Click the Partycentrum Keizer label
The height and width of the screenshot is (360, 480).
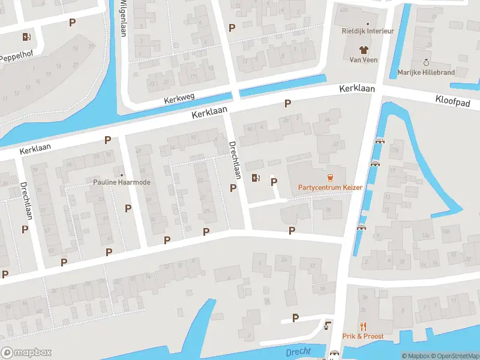coord(330,187)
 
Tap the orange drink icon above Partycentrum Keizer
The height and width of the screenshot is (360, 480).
coord(329,177)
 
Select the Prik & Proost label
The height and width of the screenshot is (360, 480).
coord(362,337)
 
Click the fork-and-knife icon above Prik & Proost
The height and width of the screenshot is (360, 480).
coord(362,326)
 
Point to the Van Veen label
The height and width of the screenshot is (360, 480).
coord(363,59)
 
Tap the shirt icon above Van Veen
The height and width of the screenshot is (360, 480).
coord(363,49)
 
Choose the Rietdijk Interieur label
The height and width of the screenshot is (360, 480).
coord(367,31)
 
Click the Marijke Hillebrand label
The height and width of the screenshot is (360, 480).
coord(426,72)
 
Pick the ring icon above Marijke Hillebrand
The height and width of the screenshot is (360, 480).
coord(426,62)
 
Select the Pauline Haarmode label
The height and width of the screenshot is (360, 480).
coord(122,182)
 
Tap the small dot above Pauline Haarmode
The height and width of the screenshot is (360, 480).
coord(122,175)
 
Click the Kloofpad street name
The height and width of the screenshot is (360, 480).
coord(454,103)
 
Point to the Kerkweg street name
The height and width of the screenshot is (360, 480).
coord(181,100)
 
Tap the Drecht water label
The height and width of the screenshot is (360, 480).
coord(298,352)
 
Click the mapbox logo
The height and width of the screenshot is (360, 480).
coord(26,353)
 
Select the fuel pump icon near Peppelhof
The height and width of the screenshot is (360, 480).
coord(26,37)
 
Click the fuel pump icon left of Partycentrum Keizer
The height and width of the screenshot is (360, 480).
coord(256,178)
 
